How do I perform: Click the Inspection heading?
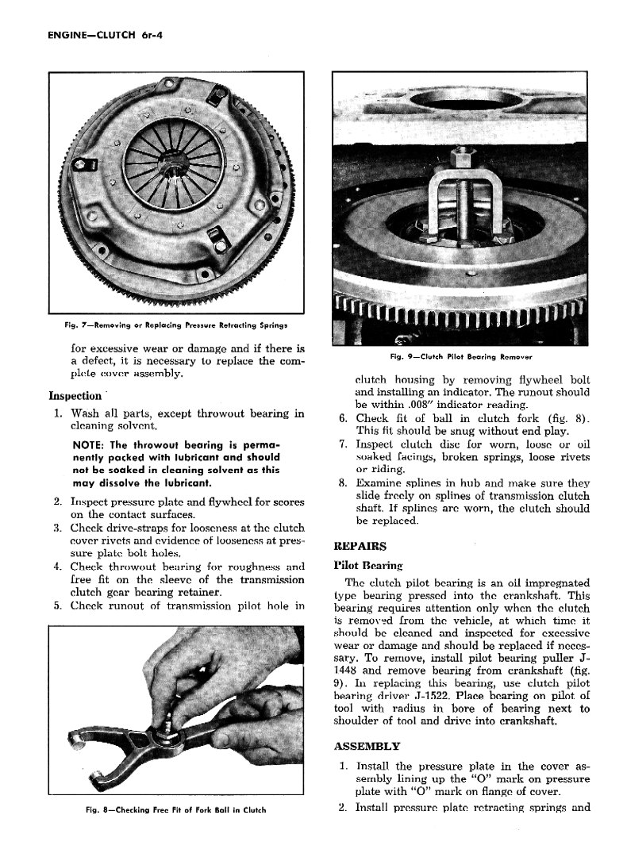(x=75, y=395)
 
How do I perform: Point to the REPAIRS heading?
(x=360, y=546)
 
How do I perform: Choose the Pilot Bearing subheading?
(x=368, y=565)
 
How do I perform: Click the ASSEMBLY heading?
(x=367, y=746)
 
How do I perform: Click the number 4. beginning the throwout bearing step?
(x=58, y=567)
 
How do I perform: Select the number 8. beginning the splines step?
(x=343, y=482)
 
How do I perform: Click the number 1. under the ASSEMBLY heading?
(x=343, y=766)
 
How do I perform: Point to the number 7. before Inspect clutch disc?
(x=343, y=443)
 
